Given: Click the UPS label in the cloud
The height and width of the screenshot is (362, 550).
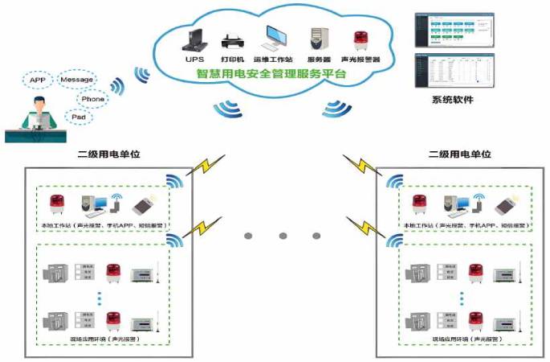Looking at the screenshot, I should pos(194,60).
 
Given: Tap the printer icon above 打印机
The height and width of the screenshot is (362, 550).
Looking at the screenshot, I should pos(230,39).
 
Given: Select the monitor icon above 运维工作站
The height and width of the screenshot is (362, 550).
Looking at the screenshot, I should pos(275,37).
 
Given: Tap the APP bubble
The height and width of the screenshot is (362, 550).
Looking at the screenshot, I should pos(37,80).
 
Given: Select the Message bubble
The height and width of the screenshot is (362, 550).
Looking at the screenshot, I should pos(78,80).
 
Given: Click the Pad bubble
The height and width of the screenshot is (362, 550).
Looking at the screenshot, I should pos(79,117).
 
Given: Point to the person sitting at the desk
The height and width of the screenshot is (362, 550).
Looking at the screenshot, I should pos(39,117).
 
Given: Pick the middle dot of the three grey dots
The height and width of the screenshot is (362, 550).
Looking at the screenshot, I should pos(283,235).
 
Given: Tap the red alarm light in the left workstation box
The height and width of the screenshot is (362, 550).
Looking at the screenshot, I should pos(57,204).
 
